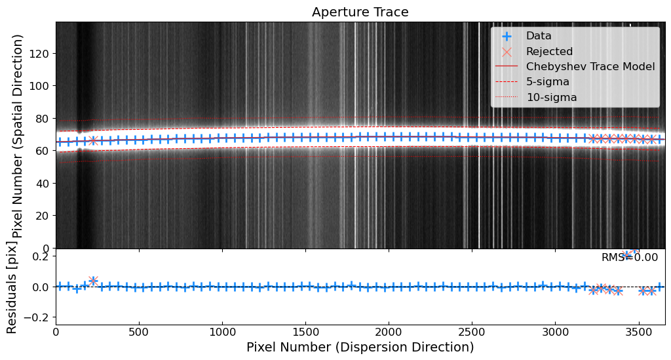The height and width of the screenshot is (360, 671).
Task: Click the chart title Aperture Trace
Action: [x=360, y=12]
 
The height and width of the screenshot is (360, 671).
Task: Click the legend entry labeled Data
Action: [x=539, y=36]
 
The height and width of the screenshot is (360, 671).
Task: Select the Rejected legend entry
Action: [x=549, y=51]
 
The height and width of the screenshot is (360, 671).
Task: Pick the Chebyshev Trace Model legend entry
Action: [x=590, y=67]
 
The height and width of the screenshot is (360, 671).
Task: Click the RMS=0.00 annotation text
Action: [x=629, y=258]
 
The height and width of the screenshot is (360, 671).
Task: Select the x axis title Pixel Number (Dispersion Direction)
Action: [x=360, y=347]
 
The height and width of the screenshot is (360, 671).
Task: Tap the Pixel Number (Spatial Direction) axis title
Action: [x=18, y=136]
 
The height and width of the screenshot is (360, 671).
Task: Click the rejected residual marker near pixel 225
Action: [x=93, y=281]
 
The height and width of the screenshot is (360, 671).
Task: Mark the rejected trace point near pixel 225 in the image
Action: [x=93, y=141]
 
